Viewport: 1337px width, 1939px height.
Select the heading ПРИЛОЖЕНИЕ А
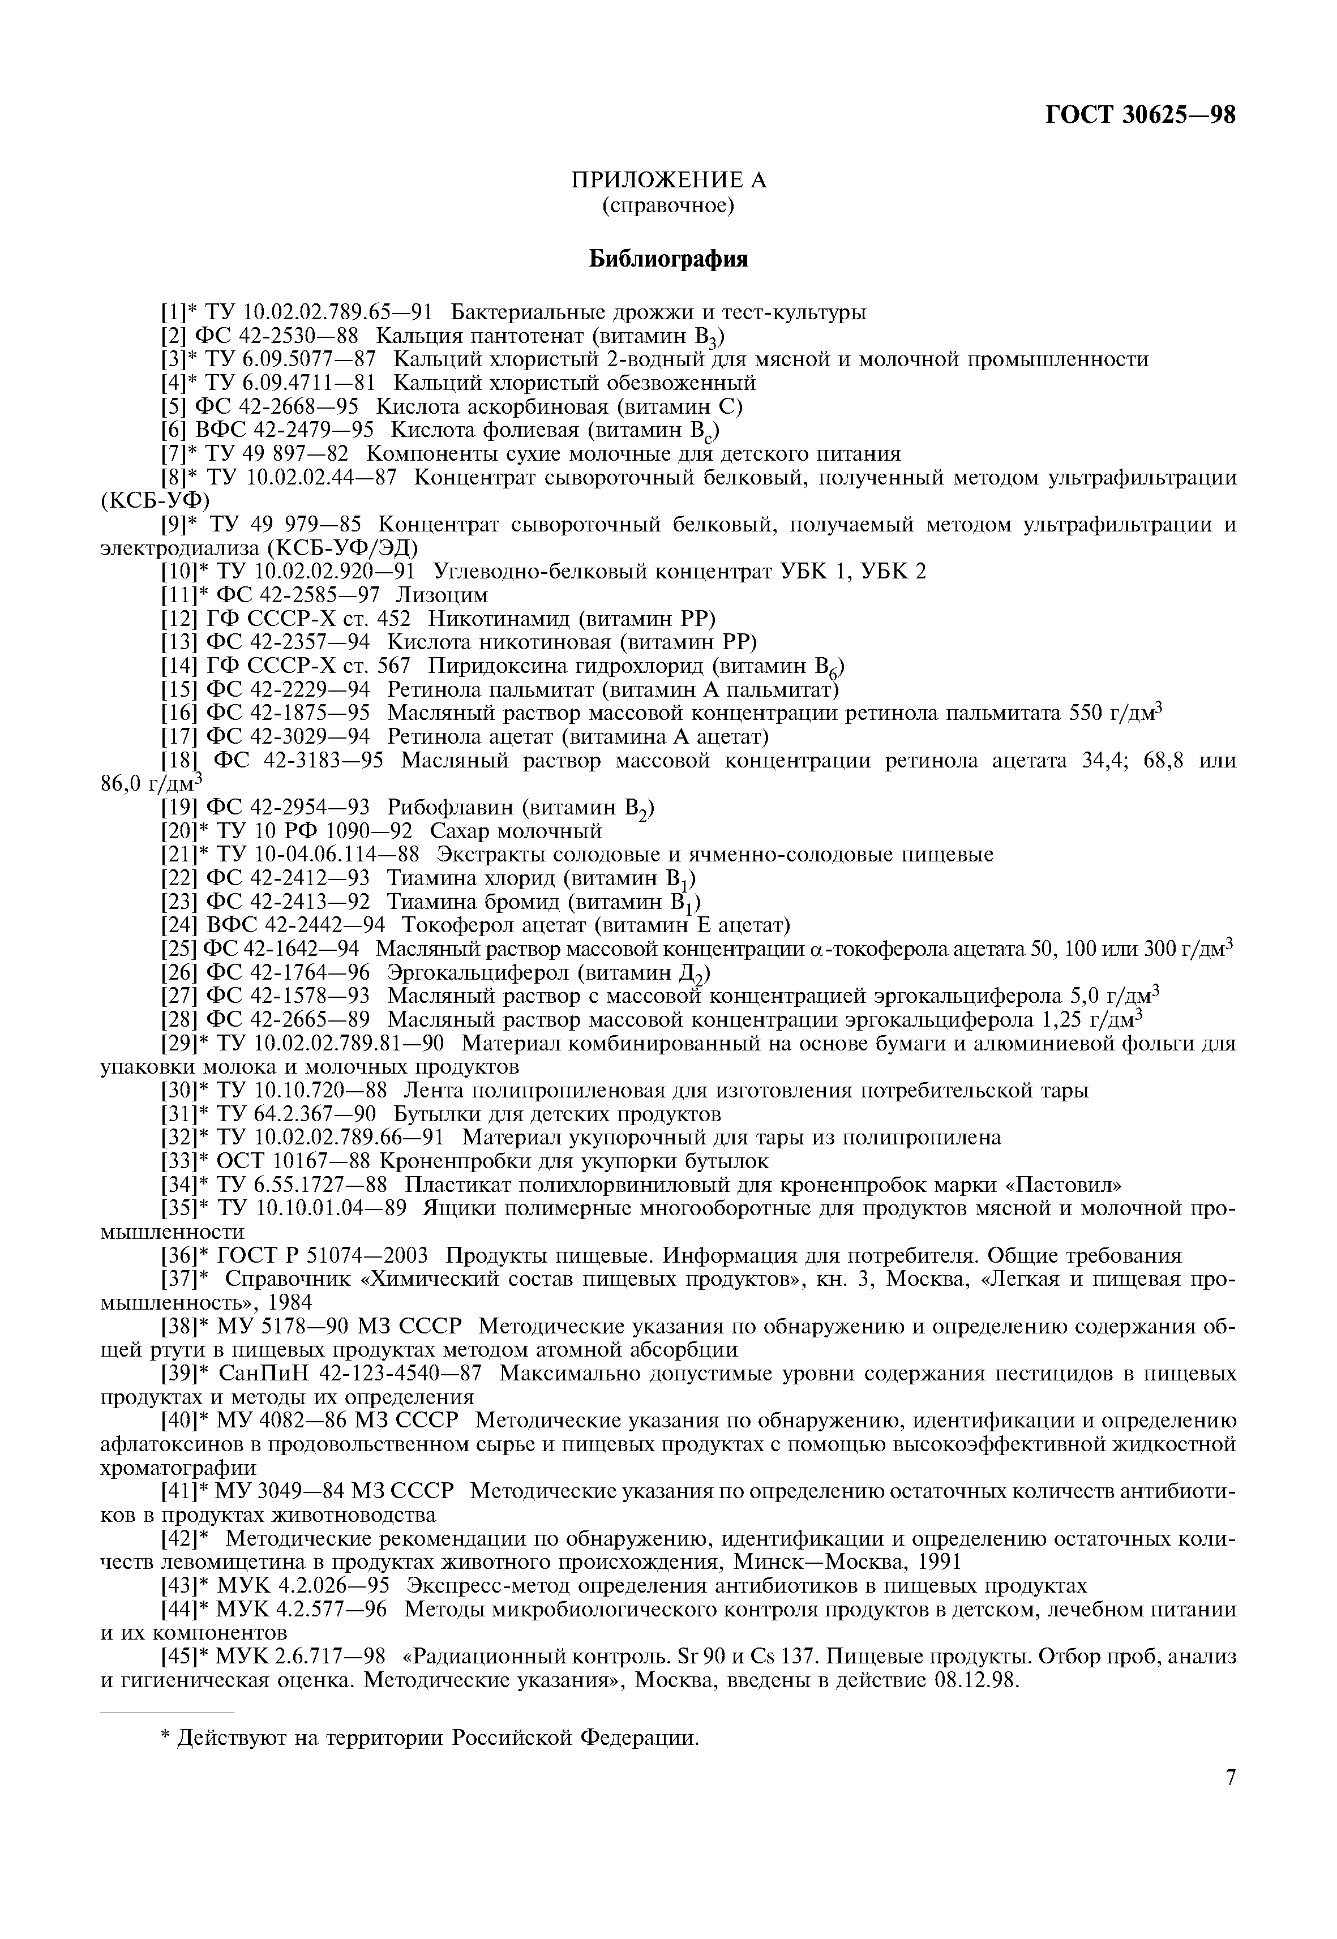[668, 180]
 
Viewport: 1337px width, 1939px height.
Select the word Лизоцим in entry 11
[442, 595]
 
